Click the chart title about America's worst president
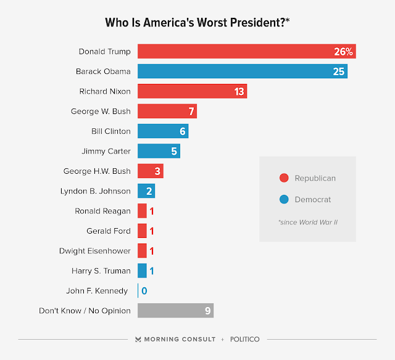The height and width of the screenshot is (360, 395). pos(197,23)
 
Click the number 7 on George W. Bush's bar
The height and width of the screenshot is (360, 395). pos(191,112)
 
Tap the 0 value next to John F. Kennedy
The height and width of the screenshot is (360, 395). pos(144,291)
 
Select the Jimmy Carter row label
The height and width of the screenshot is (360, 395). pos(106,151)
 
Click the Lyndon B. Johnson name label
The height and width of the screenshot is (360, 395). pos(96,191)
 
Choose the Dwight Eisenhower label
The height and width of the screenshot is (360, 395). pos(95,251)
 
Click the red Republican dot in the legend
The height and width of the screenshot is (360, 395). pos(284,178)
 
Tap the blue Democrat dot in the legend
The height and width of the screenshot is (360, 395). pos(284,199)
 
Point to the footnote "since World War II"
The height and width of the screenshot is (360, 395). pos(307,221)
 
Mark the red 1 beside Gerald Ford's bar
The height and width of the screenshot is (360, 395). pos(152,231)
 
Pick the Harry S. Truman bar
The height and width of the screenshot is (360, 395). pos(142,271)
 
